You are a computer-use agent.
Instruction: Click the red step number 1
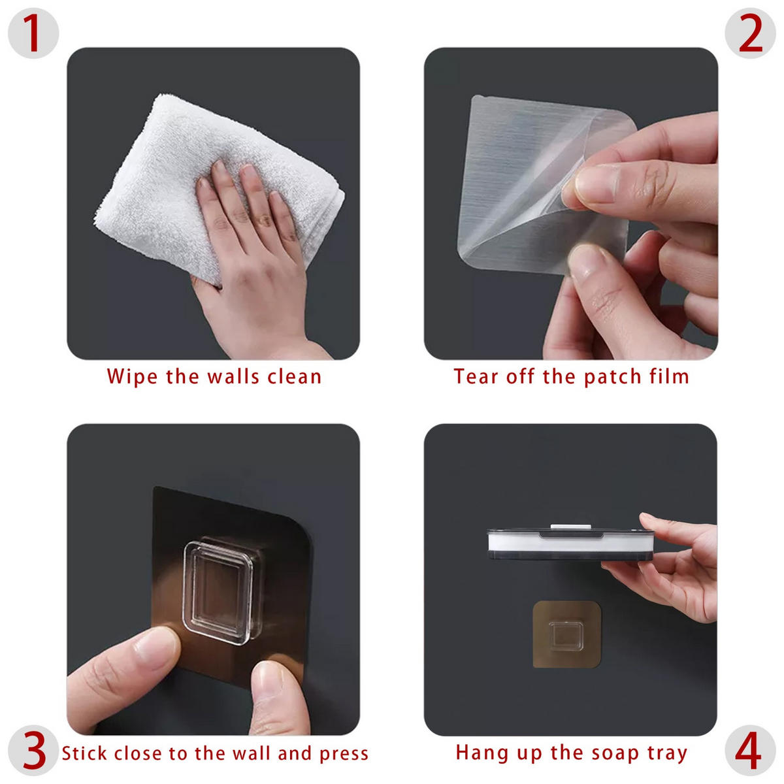point(33,33)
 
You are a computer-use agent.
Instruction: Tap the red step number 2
point(750,33)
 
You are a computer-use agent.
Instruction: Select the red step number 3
point(34,750)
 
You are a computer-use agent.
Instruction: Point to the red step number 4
point(748,750)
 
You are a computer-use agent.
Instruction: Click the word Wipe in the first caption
point(132,376)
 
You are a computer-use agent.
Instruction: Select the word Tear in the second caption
point(476,376)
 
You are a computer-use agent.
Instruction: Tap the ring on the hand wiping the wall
point(265,220)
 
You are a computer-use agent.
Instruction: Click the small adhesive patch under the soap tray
point(566,634)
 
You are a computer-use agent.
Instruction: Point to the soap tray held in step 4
point(570,544)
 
